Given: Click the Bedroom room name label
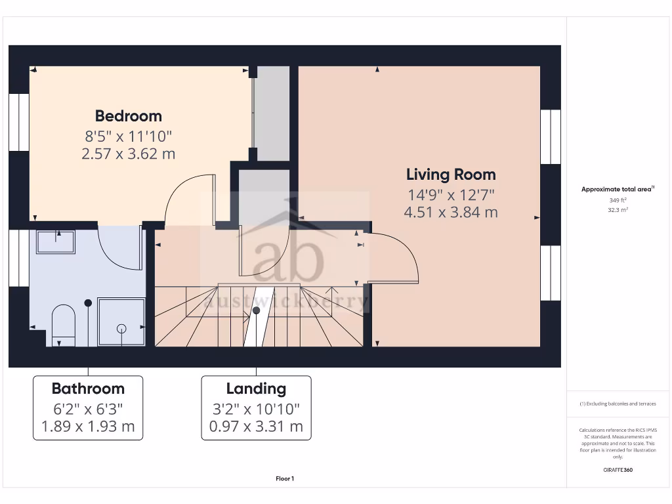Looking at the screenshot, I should coord(129,116).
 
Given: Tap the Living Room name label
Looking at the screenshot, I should coord(451,175).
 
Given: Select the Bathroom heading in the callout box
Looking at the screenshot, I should coord(88,388).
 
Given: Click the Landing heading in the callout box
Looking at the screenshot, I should coord(256,388).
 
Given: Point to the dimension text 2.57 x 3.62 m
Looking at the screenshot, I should coord(129,154).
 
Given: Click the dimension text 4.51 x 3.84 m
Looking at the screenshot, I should coord(451,213).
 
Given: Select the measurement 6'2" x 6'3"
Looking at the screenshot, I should coord(88,408).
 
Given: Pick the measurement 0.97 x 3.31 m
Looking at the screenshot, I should coord(256,427).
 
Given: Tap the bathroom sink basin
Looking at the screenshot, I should coord(56,241).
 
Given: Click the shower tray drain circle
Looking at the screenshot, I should coord(121,327).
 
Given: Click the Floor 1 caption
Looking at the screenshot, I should coord(285,479).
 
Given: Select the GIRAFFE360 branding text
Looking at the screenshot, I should coord(618,470).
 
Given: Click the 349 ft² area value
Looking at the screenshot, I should coord(618,200).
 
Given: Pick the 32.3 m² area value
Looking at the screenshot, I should coord(618,210).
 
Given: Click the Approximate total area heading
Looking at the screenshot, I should coord(617,189).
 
